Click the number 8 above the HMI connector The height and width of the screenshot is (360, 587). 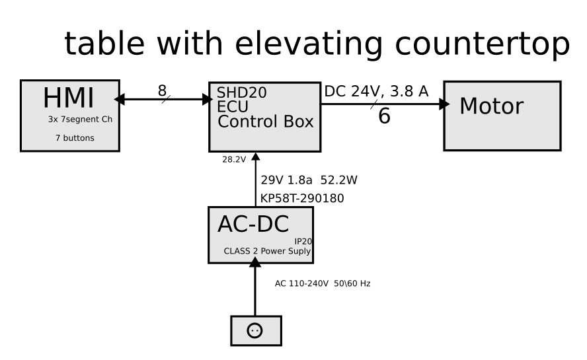pyautogui.click(x=162, y=90)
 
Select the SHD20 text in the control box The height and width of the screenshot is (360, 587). pyautogui.click(x=237, y=92)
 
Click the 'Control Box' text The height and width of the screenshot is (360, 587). pyautogui.click(x=265, y=122)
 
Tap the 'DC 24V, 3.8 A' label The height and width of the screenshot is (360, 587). pyautogui.click(x=375, y=92)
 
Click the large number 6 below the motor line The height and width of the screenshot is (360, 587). pyautogui.click(x=384, y=116)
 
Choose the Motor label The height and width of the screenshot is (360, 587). pyautogui.click(x=491, y=106)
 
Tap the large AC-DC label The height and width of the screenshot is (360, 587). pyautogui.click(x=253, y=225)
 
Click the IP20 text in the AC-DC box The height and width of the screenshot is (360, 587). pyautogui.click(x=303, y=241)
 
